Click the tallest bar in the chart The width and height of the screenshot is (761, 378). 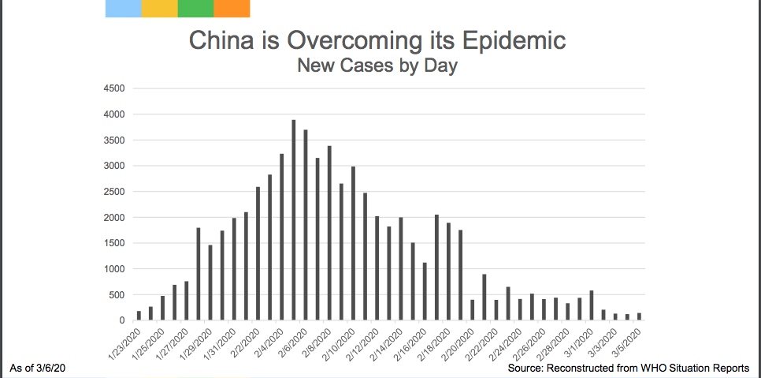(x=294, y=220)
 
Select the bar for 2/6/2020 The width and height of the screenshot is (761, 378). (x=306, y=225)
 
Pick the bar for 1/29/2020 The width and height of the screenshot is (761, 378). (x=210, y=283)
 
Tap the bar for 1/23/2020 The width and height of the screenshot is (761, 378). (x=139, y=316)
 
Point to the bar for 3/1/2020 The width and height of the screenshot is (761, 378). (x=592, y=305)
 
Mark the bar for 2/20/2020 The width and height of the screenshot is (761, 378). (x=473, y=310)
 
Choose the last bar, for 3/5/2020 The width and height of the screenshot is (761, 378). (x=639, y=316)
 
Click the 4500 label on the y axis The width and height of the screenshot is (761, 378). (x=114, y=88)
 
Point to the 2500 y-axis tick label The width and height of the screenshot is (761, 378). (x=114, y=192)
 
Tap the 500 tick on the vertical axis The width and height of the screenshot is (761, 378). (x=117, y=295)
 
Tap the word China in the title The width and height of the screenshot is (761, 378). (x=221, y=40)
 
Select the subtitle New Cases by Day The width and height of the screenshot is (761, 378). (x=377, y=65)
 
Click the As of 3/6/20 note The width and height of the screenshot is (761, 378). (x=37, y=369)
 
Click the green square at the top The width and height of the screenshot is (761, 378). (x=195, y=9)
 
